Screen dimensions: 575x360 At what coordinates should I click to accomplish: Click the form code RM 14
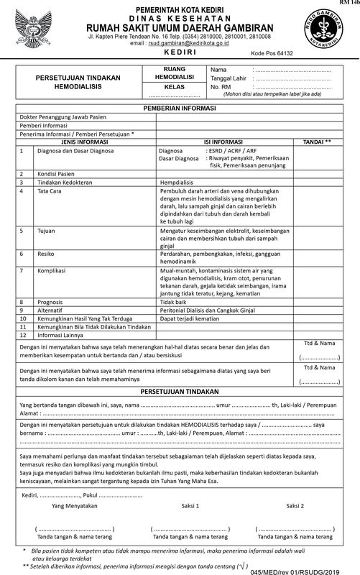coord(351,3)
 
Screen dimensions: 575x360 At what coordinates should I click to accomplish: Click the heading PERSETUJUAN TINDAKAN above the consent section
coord(180,395)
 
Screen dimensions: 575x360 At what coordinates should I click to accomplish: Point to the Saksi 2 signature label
coord(295,506)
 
